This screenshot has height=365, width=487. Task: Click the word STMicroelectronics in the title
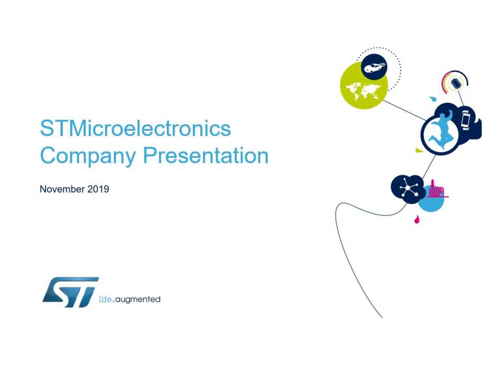[x=135, y=128]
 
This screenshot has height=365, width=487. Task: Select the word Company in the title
[x=88, y=156]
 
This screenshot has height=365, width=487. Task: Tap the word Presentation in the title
[x=205, y=155]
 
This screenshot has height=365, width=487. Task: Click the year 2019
[x=98, y=189]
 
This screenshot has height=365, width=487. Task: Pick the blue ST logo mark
[x=71, y=292]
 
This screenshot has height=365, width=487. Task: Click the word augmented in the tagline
[x=137, y=300]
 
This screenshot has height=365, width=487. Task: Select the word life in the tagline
[x=105, y=299]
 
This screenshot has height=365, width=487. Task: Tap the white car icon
[x=375, y=67]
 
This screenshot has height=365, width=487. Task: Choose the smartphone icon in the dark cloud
[x=466, y=120]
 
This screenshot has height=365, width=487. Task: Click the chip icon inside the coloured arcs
[x=456, y=83]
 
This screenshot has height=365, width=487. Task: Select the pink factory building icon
[x=437, y=190]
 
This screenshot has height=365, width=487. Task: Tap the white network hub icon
[x=408, y=188]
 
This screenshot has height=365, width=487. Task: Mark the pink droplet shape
[x=416, y=220]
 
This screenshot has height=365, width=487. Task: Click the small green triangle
[x=419, y=151]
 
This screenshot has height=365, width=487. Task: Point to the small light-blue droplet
[x=433, y=99]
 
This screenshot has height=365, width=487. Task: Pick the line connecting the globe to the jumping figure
[x=405, y=110]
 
